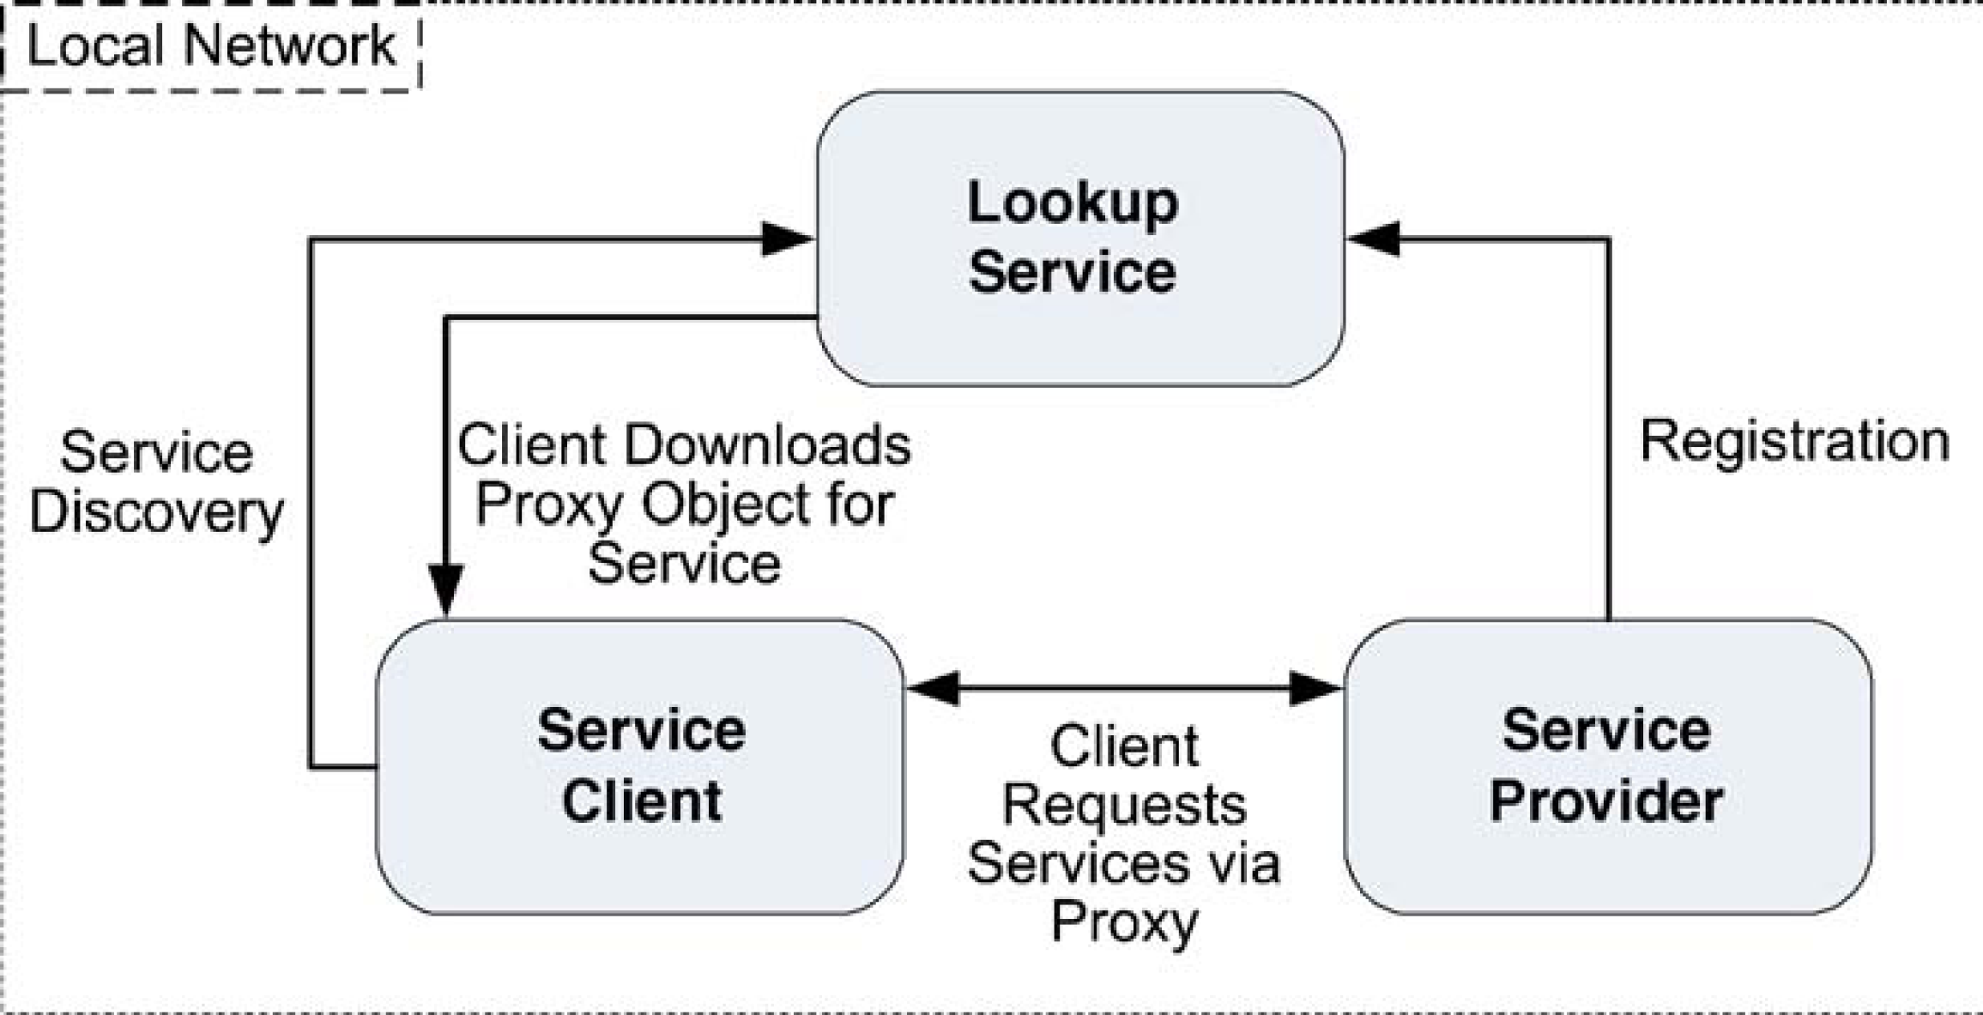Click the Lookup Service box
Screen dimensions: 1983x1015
[x=1080, y=239]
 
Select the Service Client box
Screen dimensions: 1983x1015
[x=640, y=766]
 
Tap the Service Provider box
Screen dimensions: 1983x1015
[x=1608, y=766]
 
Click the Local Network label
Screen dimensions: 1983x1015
[x=211, y=45]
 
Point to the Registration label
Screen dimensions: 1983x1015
[x=1795, y=443]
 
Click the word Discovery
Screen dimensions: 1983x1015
[x=156, y=513]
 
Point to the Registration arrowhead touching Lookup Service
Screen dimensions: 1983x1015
[x=1373, y=239]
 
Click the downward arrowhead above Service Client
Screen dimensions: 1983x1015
[x=446, y=590]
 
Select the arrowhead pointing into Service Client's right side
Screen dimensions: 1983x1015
[x=933, y=688]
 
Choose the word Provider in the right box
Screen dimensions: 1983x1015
[x=1606, y=801]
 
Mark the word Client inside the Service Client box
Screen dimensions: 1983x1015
[x=642, y=801]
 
